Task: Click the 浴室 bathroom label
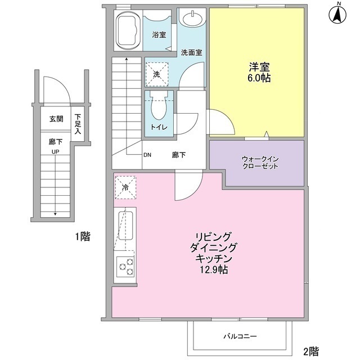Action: pyautogui.click(x=159, y=34)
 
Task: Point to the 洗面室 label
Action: pyautogui.click(x=191, y=53)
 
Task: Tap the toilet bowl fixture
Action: pyautogui.click(x=157, y=107)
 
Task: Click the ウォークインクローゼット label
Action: pyautogui.click(x=260, y=163)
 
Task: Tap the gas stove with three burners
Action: pyautogui.click(x=125, y=266)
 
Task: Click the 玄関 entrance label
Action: pyautogui.click(x=56, y=119)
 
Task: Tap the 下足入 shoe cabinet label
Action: pyautogui.click(x=78, y=124)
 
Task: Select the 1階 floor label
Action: pyautogui.click(x=82, y=237)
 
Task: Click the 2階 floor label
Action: pyautogui.click(x=312, y=352)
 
